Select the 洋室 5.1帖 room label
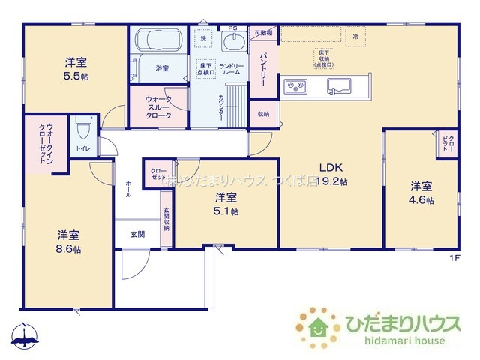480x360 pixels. click(226, 204)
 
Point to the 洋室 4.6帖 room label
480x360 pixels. click(420, 192)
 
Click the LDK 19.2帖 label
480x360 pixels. click(332, 174)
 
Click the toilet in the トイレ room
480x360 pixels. click(82, 130)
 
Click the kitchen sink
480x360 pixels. click(335, 87)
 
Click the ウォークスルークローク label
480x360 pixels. click(158, 107)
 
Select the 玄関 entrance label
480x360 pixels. click(137, 234)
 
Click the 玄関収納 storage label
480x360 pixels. click(166, 217)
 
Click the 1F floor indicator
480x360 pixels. click(454, 258)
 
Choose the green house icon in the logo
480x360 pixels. click(316, 327)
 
